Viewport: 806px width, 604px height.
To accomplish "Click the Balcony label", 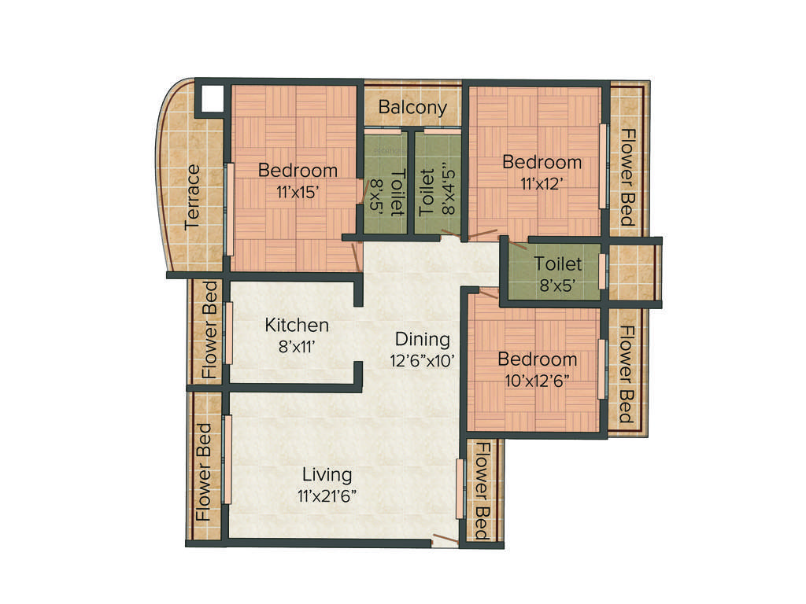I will (412, 107).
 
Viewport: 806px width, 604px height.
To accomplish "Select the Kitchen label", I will (296, 325).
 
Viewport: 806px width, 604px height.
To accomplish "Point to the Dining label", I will (422, 340).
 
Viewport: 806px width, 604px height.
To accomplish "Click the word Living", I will (327, 475).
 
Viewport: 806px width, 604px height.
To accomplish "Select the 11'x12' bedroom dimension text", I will (542, 182).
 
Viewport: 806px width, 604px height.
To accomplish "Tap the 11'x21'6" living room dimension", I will (327, 495).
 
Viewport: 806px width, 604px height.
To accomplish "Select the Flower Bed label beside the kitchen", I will (209, 330).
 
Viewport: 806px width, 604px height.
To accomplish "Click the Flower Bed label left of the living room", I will (204, 472).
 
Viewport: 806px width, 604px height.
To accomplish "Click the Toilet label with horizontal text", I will (557, 263).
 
